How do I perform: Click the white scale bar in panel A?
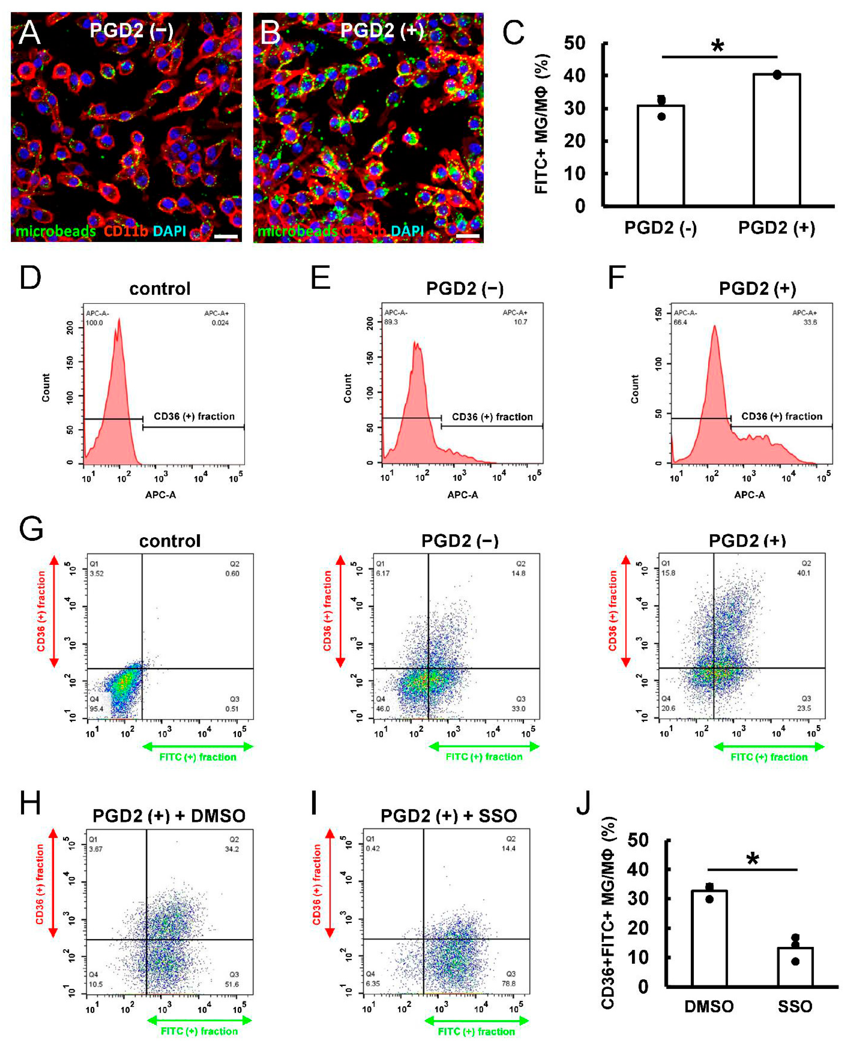coord(226,237)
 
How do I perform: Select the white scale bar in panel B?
coord(468,237)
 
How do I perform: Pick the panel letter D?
coord(30,278)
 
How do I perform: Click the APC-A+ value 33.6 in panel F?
coord(810,322)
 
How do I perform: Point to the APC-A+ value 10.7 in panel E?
coord(520,322)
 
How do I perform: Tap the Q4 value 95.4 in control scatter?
coord(96,709)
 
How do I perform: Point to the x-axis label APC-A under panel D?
coord(160,495)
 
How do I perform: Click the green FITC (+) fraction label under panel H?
coord(199,1031)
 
